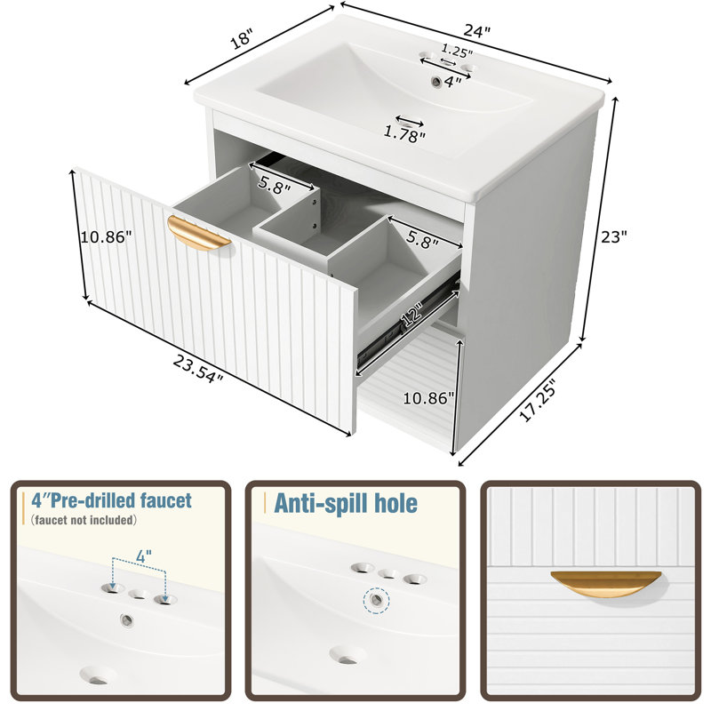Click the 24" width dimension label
coord(477,32)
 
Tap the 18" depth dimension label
coord(241,38)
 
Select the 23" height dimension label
coord(614,236)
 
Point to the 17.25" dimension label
coord(538,403)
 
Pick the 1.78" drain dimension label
coord(404,134)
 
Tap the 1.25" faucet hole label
coord(457,51)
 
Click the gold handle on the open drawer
coord(198,233)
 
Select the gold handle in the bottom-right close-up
coord(606,583)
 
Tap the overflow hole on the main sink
coord(436,81)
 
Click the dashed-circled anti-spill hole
coord(376,600)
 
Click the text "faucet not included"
coord(84,520)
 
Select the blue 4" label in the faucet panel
coord(144,556)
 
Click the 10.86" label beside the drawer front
coord(106,236)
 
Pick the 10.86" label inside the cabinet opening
coord(428,398)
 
